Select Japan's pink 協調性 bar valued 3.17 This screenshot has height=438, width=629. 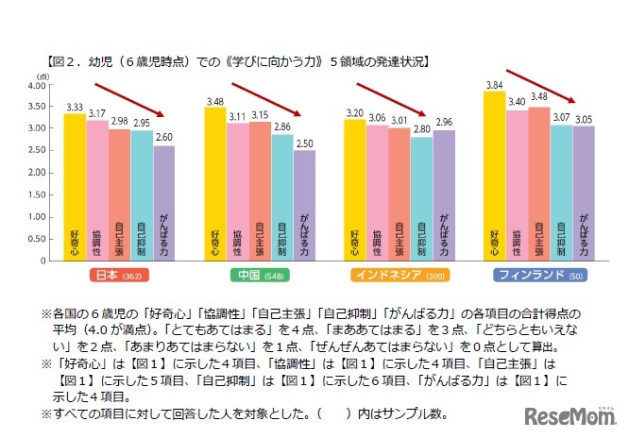[97, 188]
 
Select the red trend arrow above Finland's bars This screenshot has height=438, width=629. [542, 84]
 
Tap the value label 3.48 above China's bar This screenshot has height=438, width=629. [213, 100]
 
